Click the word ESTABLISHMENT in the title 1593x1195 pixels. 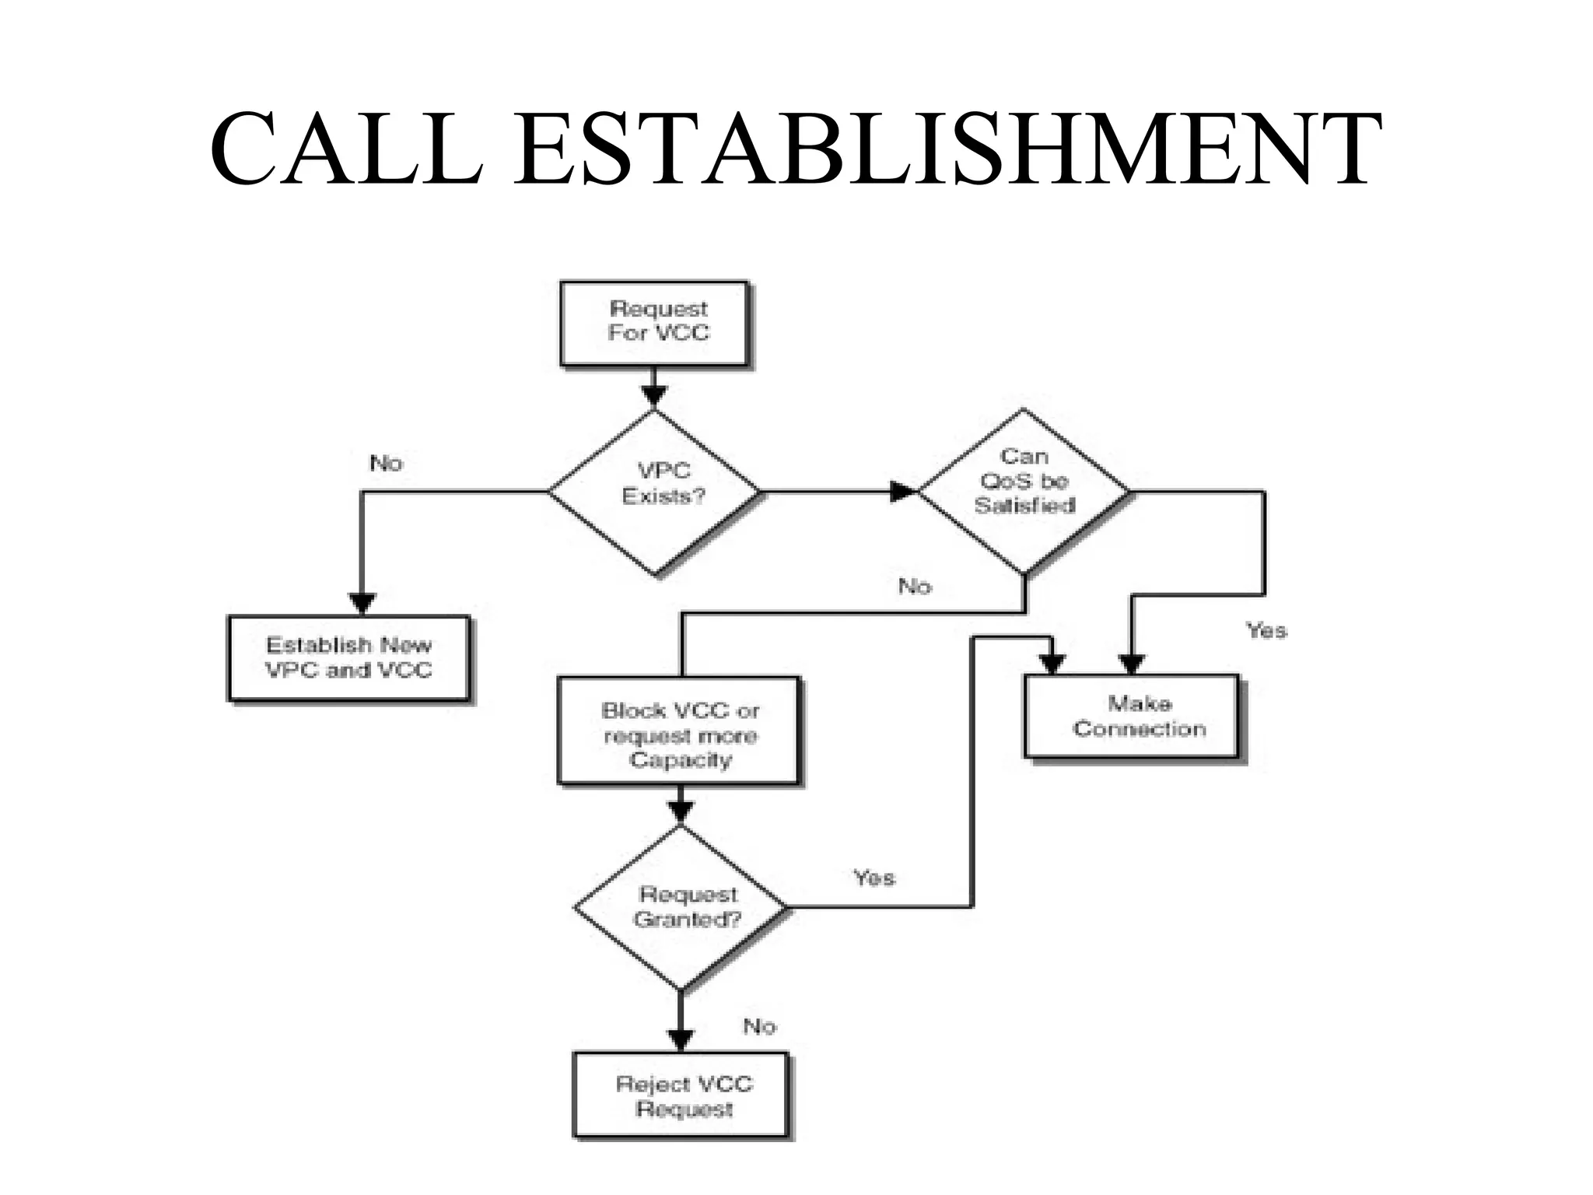[x=947, y=149]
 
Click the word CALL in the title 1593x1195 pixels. [x=347, y=149]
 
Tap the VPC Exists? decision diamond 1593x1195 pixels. [x=655, y=492]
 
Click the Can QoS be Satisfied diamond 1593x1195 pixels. [x=1024, y=490]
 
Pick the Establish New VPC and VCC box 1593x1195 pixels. [x=348, y=658]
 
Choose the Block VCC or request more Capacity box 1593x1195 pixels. [x=679, y=731]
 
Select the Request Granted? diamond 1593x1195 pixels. [x=681, y=907]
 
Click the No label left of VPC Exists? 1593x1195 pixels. [x=386, y=464]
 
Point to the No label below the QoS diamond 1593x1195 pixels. [x=915, y=586]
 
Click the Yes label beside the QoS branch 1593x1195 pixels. [x=1266, y=630]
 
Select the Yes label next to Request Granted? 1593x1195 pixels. [x=874, y=878]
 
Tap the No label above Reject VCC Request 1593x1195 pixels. [x=759, y=1027]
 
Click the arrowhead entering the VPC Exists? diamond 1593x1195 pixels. [x=654, y=397]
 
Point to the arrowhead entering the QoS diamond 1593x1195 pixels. [x=904, y=492]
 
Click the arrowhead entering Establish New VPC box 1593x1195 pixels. [x=362, y=604]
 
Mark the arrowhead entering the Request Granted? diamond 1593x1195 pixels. [x=681, y=812]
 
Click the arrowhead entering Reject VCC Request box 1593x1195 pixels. [x=681, y=1040]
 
